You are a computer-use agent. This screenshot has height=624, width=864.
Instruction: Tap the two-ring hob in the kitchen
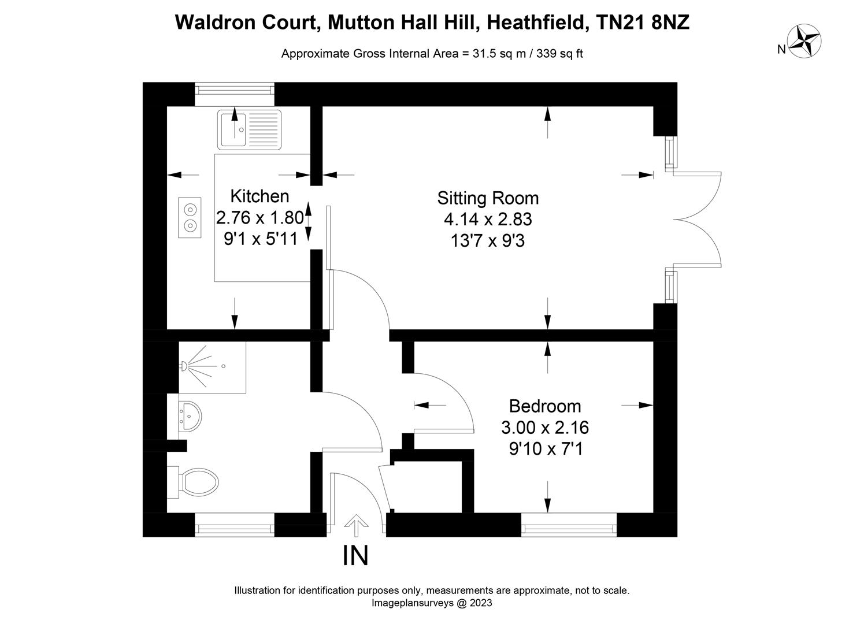(190, 217)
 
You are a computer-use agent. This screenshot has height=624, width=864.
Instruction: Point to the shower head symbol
(184, 366)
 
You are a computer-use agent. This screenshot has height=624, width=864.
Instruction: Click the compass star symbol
(806, 42)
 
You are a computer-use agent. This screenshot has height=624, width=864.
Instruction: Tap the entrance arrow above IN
(356, 526)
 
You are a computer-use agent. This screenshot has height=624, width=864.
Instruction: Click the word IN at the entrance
(355, 556)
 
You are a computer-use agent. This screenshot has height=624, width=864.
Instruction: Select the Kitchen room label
(259, 196)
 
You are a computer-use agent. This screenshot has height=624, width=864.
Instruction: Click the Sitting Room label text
(488, 198)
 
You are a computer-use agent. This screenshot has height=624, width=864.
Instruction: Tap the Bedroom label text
(544, 406)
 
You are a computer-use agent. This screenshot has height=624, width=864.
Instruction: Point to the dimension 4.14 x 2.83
(488, 220)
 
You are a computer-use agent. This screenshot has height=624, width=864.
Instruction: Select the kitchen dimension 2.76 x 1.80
(259, 218)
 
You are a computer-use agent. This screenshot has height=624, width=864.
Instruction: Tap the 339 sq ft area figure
(559, 54)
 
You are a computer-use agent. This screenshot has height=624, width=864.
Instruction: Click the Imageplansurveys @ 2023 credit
(432, 603)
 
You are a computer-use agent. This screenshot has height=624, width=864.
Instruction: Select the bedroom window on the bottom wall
(569, 527)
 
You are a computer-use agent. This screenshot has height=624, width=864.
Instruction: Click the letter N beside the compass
(781, 50)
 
